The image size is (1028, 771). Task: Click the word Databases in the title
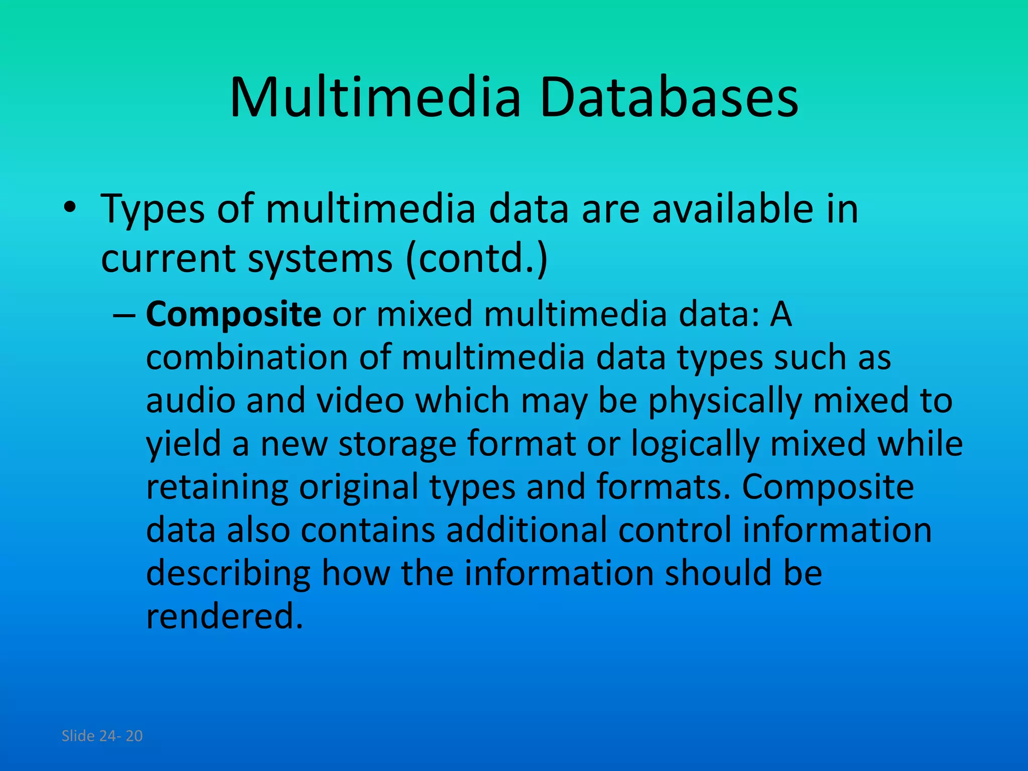[x=669, y=97]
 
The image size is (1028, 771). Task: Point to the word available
[x=732, y=208]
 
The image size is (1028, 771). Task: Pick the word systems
[x=320, y=260]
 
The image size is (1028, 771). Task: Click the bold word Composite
[x=233, y=315]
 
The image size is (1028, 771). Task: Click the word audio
[x=191, y=401]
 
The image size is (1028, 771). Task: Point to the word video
[x=360, y=401]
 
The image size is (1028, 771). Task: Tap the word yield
[x=183, y=444]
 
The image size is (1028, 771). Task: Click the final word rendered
[x=224, y=616]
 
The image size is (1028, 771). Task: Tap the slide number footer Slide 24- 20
[x=102, y=736]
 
